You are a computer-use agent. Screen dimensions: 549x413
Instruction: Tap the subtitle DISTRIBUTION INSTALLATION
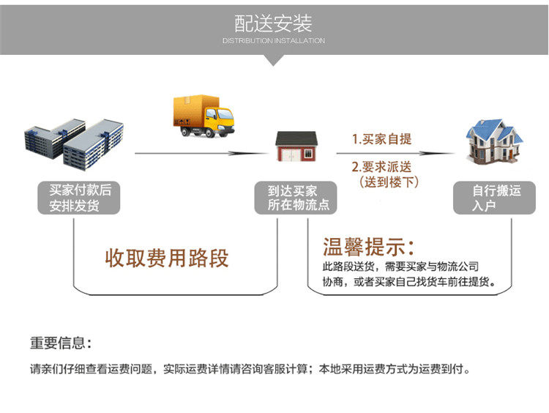point(274,41)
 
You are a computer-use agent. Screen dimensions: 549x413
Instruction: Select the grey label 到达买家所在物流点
point(296,197)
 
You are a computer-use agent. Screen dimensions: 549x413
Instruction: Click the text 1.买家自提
point(382,139)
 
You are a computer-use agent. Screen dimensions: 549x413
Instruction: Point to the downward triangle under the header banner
point(274,60)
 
